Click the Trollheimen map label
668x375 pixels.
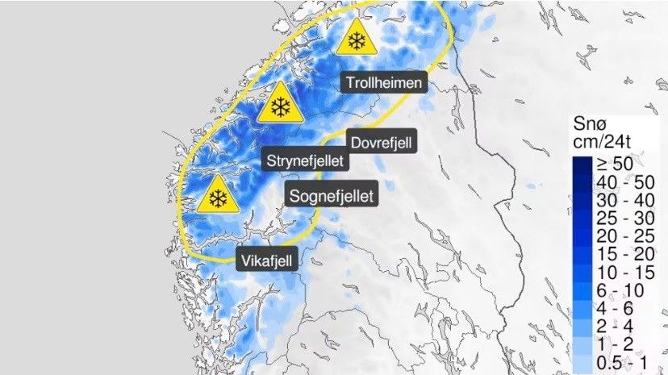(384, 82)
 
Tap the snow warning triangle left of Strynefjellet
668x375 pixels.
(281, 106)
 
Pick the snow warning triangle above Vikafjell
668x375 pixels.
(216, 196)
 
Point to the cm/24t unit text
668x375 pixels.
(617, 143)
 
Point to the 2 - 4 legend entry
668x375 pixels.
(617, 324)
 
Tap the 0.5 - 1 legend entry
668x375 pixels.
(622, 360)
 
